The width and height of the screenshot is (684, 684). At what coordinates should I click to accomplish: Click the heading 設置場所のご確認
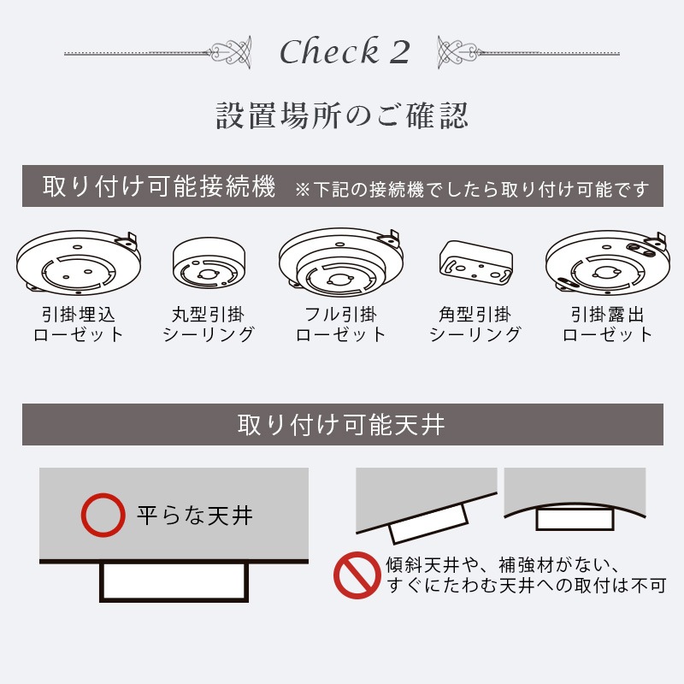click(342, 116)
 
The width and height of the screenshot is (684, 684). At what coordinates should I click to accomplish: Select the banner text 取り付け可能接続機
click(159, 186)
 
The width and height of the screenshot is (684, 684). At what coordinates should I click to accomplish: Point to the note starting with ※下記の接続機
click(471, 188)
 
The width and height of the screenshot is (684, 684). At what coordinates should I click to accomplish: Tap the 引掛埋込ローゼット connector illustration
click(78, 261)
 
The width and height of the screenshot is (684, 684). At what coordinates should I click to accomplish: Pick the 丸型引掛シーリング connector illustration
click(209, 263)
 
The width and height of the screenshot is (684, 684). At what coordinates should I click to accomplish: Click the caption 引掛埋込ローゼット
click(79, 324)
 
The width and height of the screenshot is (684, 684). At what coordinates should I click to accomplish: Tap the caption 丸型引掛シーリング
click(209, 324)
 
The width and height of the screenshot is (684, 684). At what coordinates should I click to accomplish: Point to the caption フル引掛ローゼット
click(341, 324)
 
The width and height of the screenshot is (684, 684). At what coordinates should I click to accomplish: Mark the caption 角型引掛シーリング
click(475, 324)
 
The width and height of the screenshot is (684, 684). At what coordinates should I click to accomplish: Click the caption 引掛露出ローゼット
click(607, 324)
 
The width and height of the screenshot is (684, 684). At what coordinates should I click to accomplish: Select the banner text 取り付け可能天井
click(341, 425)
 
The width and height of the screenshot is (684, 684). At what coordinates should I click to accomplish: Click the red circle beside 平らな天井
click(99, 516)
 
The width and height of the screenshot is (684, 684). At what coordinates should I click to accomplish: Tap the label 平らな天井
click(195, 516)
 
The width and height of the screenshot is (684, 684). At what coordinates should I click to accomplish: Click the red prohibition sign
click(356, 575)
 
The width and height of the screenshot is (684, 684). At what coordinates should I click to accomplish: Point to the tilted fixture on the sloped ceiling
click(428, 522)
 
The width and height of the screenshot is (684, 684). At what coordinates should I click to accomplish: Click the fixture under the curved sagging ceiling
click(574, 519)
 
